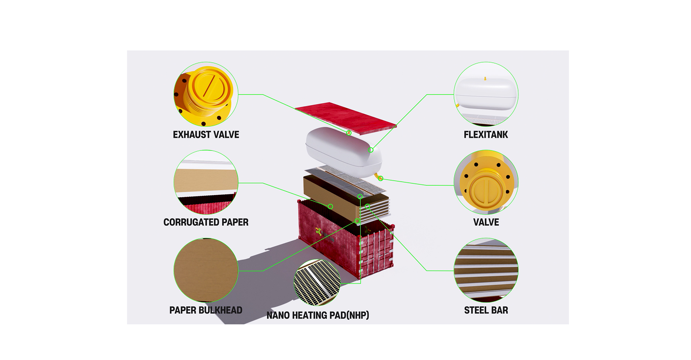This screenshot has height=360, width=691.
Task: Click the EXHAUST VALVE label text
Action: [x=206, y=135]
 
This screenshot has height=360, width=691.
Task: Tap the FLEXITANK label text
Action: [x=485, y=135]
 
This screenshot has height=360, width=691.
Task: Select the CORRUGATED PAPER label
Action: [x=206, y=222]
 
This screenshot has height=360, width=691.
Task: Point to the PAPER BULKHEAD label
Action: [x=206, y=310]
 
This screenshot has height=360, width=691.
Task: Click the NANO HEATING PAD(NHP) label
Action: [x=318, y=315]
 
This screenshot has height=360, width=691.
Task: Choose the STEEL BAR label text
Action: [x=486, y=310]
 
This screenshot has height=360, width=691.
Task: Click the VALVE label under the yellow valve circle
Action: [x=486, y=222]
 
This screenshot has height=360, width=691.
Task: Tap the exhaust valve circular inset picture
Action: [x=206, y=94]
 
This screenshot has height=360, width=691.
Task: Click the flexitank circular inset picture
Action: [x=486, y=94]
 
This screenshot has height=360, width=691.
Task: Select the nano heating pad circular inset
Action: [x=317, y=282]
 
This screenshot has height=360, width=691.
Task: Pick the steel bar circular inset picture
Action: [x=486, y=270]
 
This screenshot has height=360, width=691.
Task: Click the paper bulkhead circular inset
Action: [x=206, y=270]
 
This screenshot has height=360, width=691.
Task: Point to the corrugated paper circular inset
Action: [x=206, y=182]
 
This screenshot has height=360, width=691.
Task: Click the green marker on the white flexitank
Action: [x=371, y=150]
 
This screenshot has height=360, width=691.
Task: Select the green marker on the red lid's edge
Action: [x=349, y=133]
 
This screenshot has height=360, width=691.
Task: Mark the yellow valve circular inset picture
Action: [x=486, y=182]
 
